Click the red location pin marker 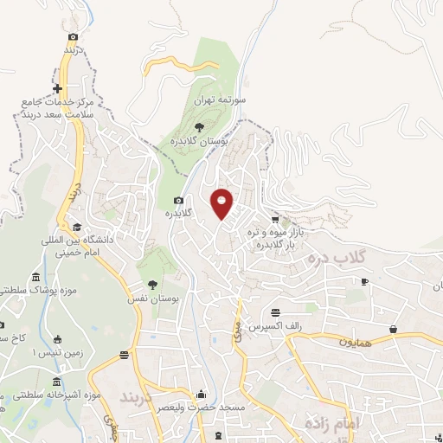click(x=222, y=202)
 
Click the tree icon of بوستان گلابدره click(x=200, y=127)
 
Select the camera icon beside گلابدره click(x=178, y=201)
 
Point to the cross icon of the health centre click(x=58, y=89)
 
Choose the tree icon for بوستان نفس click(x=152, y=284)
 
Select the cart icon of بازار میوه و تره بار click(x=275, y=220)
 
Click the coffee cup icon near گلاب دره click(x=365, y=281)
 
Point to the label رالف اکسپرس click(x=273, y=327)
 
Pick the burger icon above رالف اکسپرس click(x=275, y=312)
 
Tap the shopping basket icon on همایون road click(x=394, y=329)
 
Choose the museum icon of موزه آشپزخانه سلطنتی click(x=56, y=382)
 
